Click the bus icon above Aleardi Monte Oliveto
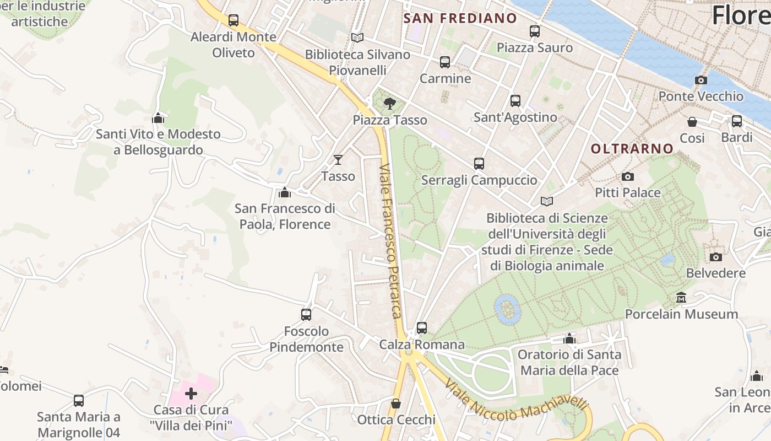coord(234,20)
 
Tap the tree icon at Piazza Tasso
coord(389,103)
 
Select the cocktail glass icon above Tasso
coord(338,160)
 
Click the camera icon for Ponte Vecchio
coord(701,80)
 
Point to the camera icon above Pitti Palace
coord(627,176)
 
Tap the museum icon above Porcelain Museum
coord(681,298)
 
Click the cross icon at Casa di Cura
coord(191,394)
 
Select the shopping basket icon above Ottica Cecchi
coord(395,404)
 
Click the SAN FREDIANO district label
coord(460,18)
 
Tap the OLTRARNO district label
coord(632,148)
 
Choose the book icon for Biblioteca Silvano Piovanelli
coord(357,37)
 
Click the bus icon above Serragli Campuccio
coord(479,164)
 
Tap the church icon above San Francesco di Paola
coord(285,192)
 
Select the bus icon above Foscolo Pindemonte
coord(306,315)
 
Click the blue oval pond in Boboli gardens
coord(507,309)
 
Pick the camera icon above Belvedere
coord(715,257)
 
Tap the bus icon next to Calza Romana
coord(422,328)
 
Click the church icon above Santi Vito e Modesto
coord(158,118)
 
